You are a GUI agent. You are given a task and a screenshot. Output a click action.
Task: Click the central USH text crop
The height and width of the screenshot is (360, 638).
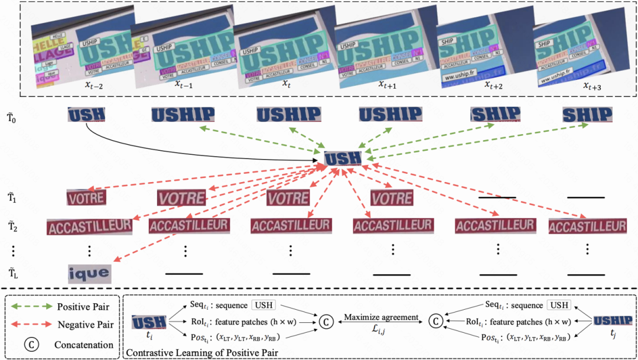(343, 158)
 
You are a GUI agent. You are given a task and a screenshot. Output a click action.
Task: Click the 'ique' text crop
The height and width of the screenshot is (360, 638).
(90, 273)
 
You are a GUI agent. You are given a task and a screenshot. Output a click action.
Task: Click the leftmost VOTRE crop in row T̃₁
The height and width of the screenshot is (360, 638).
(86, 198)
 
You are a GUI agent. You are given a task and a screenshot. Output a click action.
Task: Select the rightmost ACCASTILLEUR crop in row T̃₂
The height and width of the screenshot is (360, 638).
(587, 226)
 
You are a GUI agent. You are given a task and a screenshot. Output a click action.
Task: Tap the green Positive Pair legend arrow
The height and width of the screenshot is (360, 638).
(32, 307)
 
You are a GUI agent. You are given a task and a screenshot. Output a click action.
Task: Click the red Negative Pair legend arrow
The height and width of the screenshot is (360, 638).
(32, 325)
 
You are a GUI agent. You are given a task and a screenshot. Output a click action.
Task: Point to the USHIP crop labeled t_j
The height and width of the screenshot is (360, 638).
(612, 321)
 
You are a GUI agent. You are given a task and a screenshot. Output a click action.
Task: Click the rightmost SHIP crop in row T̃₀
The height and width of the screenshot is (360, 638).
(587, 114)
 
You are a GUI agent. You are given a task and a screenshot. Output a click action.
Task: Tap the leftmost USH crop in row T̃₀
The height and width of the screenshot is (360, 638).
(86, 114)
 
